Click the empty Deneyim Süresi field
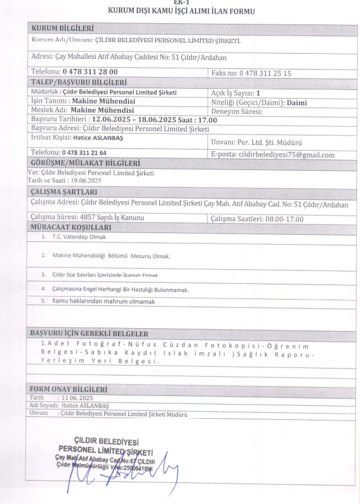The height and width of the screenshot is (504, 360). [x=303, y=110]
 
